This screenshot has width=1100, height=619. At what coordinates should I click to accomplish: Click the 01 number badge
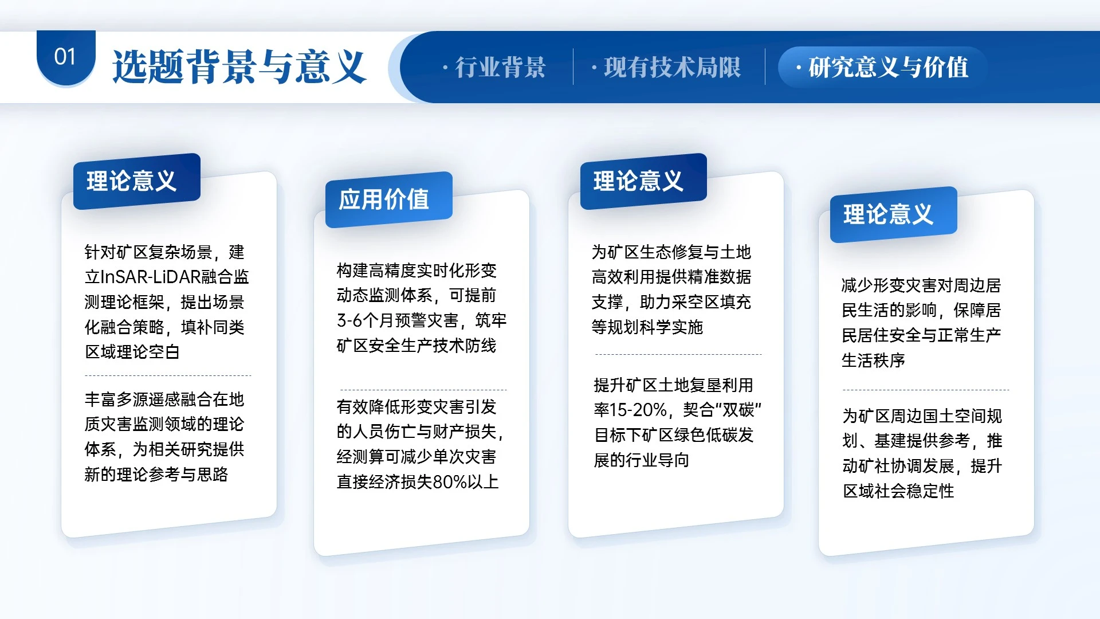pyautogui.click(x=65, y=57)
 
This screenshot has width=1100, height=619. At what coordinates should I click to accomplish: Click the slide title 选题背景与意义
pyautogui.click(x=239, y=67)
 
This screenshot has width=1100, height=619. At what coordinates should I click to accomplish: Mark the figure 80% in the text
pyautogui.click(x=449, y=482)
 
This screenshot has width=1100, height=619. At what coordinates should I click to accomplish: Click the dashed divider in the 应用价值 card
pyautogui.click(x=423, y=390)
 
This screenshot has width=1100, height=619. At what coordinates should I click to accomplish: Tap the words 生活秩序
pyautogui.click(x=873, y=361)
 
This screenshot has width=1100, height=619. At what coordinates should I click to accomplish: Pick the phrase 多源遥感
pyautogui.click(x=140, y=399)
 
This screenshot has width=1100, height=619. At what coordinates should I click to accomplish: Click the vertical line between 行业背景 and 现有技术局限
pyautogui.click(x=573, y=67)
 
